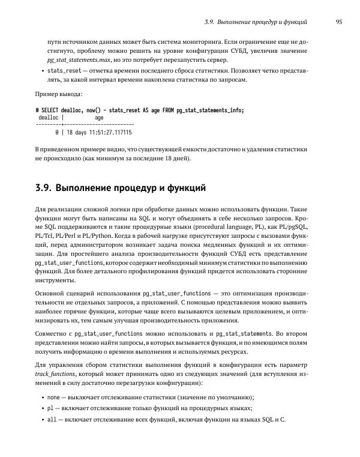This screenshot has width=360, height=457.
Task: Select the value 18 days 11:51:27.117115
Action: tap(100, 132)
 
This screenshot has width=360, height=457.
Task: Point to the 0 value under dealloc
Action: tap(56, 132)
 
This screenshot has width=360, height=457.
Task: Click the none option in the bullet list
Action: tap(53, 397)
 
